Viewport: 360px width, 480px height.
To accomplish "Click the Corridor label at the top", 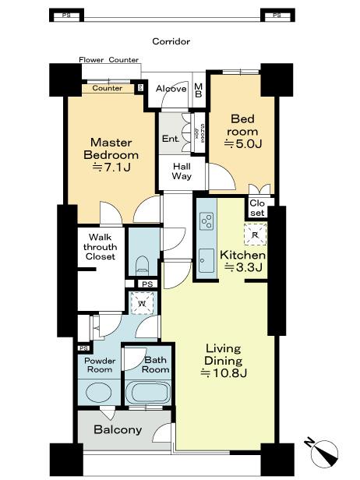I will tap(171, 41).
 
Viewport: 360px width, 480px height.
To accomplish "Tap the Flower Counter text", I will tap(109, 60).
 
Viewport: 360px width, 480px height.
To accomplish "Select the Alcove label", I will tap(171, 89).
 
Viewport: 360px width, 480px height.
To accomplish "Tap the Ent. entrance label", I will tap(171, 139).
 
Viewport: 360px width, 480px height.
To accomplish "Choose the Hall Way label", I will tap(182, 171).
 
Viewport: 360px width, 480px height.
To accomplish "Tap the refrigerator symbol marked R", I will tap(253, 232).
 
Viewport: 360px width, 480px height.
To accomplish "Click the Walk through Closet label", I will tap(101, 246).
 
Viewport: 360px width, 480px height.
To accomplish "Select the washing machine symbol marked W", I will tap(141, 302).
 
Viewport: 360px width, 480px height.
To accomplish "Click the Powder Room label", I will tap(100, 366).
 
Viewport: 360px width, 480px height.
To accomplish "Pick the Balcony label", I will tap(118, 430).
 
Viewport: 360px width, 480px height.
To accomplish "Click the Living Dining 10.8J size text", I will tap(223, 373).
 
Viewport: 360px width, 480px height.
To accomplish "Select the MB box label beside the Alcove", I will tap(199, 90).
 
